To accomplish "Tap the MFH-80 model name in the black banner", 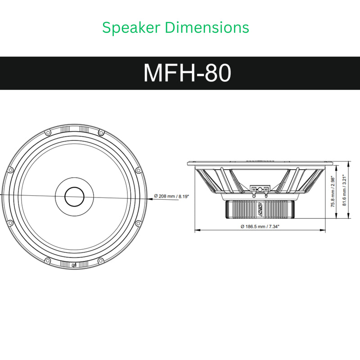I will point(187,73).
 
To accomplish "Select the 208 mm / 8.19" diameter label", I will point(171,196).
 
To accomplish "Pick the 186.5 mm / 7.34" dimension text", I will point(260,226).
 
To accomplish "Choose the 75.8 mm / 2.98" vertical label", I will point(333,192).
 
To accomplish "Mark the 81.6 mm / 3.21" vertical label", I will point(344,190).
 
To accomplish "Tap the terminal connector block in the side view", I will point(260,189).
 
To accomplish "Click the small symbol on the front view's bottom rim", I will point(73,264).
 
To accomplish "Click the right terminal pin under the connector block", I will point(265,195).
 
